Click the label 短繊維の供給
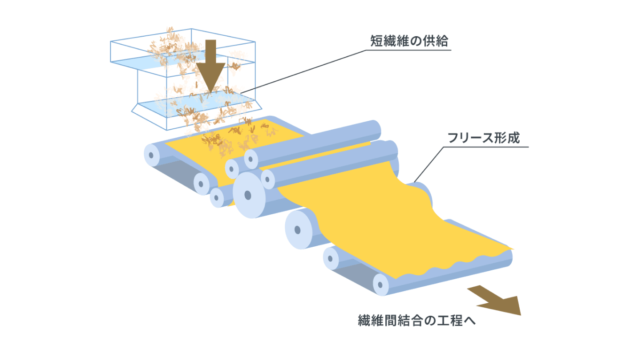(409, 41)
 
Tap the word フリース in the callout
(470, 138)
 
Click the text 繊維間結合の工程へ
(417, 321)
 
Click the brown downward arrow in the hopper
(210, 66)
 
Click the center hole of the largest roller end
(248, 196)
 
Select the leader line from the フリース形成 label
(471, 164)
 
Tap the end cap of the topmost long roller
(251, 158)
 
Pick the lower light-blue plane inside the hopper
(197, 104)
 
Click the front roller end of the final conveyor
(381, 284)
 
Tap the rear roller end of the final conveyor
(331, 258)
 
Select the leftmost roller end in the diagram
(151, 155)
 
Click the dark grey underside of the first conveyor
(177, 173)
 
